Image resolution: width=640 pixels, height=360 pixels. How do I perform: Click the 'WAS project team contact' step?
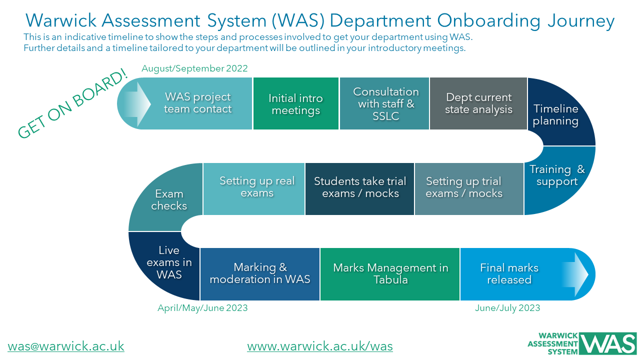[x=198, y=103]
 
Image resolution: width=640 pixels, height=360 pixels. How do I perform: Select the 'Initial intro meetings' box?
[x=295, y=104]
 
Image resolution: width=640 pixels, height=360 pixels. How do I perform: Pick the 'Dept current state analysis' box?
[x=478, y=103]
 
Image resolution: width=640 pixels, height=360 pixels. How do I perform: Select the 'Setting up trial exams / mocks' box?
[x=464, y=187]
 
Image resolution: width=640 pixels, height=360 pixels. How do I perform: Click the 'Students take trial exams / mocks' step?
[x=360, y=187]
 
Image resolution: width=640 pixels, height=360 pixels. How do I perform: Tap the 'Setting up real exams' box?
[x=257, y=187]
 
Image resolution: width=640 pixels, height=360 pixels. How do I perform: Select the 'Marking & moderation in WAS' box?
[x=260, y=273]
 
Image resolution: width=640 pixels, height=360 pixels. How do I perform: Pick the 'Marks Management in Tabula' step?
[x=390, y=273]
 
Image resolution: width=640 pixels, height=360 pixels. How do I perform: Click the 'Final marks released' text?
[x=509, y=273]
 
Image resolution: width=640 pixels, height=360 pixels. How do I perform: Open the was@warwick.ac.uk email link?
[x=66, y=346]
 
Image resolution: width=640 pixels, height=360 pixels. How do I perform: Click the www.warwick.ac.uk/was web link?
[x=320, y=346]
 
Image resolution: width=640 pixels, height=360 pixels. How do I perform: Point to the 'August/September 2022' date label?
[x=194, y=68]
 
